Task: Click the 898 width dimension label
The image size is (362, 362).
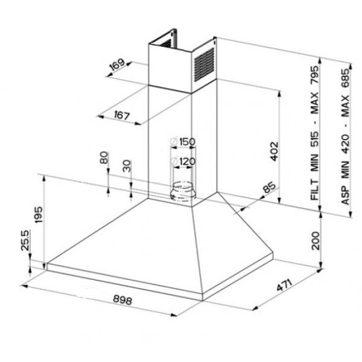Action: (x=122, y=300)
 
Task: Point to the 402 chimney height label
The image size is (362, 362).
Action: (x=273, y=151)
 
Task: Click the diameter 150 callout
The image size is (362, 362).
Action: (x=182, y=142)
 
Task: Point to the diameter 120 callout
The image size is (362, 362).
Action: (x=182, y=162)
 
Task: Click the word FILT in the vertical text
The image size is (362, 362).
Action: (x=314, y=189)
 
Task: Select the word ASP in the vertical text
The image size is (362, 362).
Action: (x=346, y=194)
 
